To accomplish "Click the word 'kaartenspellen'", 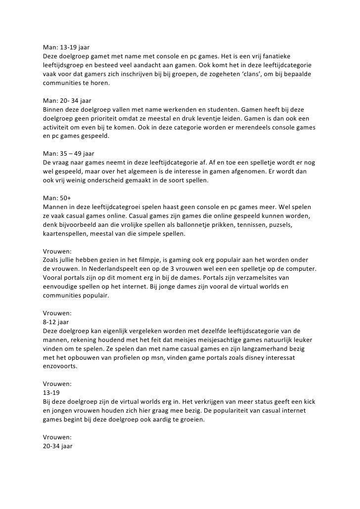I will coord(67,234).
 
